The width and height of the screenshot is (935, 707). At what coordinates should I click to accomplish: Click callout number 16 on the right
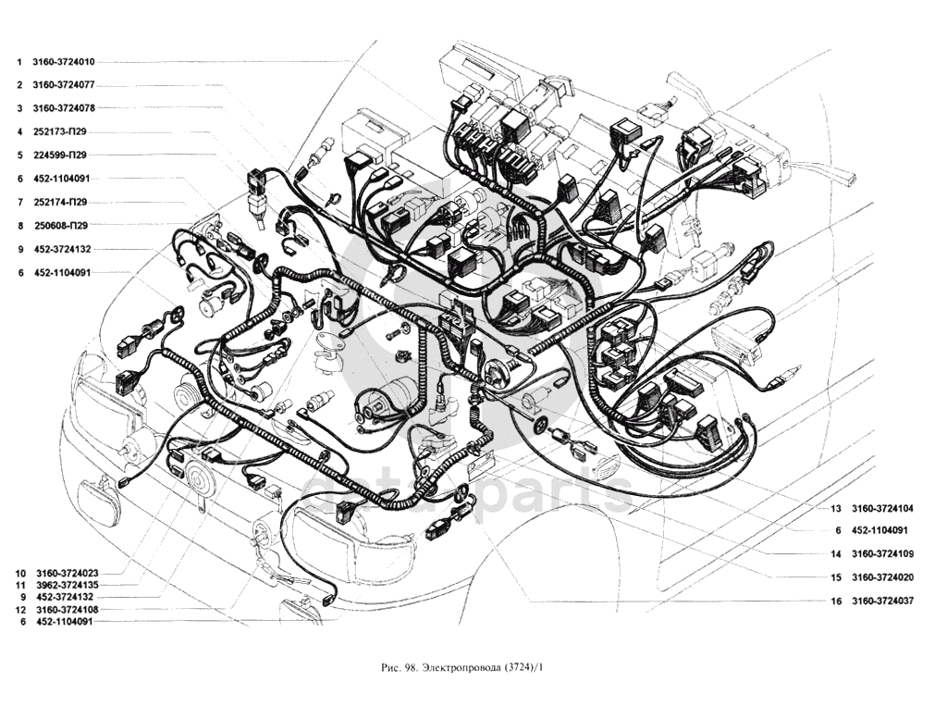pos(836,602)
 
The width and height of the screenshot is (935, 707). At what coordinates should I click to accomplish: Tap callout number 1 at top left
pos(19,61)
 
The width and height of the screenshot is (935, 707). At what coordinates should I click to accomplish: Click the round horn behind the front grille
pos(197,465)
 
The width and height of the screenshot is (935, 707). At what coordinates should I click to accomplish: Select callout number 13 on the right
pos(836,509)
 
